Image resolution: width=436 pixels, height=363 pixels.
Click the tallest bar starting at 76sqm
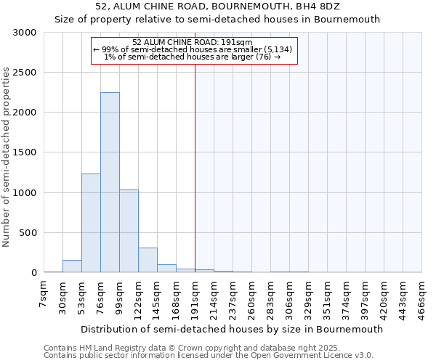coord(110,182)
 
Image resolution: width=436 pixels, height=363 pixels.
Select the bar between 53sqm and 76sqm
coord(91,223)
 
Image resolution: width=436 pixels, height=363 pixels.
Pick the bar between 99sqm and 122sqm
coord(129,231)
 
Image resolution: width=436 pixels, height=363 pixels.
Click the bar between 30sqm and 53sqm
coord(72,266)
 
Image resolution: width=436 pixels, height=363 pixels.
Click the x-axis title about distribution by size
coord(232,329)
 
